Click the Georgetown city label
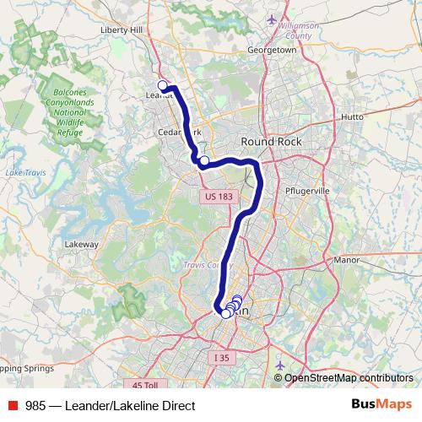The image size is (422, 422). (271, 50)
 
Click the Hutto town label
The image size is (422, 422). (352, 116)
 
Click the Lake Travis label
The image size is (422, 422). (24, 172)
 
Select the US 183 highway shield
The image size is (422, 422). (218, 197)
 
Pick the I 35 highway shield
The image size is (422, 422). (221, 358)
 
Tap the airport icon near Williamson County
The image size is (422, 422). (271, 19)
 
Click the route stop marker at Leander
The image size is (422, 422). (163, 85)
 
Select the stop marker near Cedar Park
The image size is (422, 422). (204, 160)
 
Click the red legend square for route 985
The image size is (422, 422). (13, 405)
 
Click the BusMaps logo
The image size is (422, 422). (381, 404)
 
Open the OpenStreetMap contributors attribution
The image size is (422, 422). (349, 377)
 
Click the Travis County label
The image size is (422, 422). (208, 264)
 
